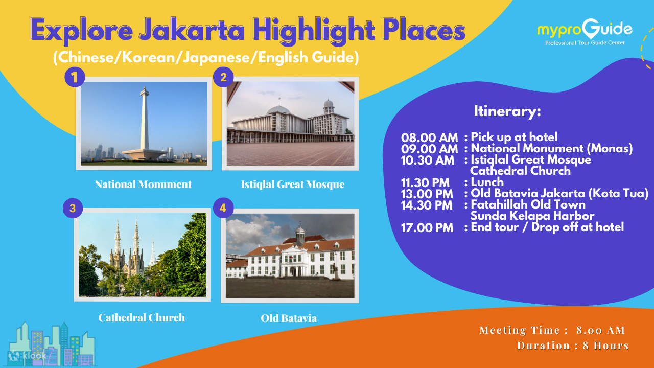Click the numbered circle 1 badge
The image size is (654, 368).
pos(75,77)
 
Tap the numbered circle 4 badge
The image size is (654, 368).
pos(223,209)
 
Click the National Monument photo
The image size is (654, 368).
pos(144,124)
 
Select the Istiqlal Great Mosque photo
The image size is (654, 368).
pos(290,124)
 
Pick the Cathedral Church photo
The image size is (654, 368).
pos(143,255)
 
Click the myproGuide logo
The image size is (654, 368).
pos(585,32)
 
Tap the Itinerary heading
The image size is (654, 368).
pos(507,111)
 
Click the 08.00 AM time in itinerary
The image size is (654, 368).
pos(429,137)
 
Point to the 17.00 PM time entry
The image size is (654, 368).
pos(427,228)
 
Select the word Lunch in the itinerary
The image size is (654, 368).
pos(487,182)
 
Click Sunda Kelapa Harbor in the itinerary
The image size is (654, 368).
pos(532,216)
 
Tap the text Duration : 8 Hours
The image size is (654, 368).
pos(572,346)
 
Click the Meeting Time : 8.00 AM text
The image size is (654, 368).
pos(552,330)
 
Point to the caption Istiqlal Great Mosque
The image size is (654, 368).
pos(292,185)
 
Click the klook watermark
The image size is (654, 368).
pos(28,355)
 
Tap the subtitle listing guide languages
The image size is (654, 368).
pos(206,57)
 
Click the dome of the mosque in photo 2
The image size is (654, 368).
pos(278,109)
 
